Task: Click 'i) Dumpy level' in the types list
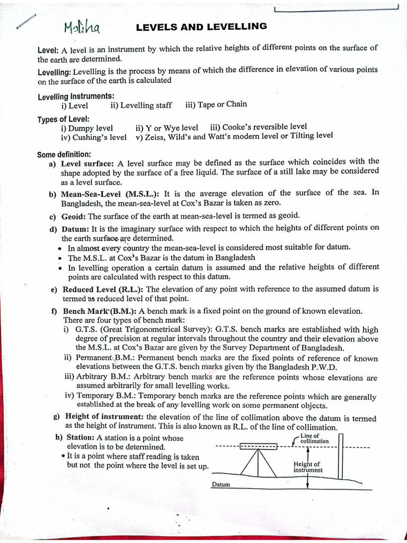point(87,128)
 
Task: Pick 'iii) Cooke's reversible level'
point(259,127)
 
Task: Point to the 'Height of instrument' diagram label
point(308,467)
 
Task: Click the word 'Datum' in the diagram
point(220,485)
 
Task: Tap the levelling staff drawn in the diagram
point(341,456)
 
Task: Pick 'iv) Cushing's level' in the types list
point(94,137)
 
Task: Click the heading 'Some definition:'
point(64,155)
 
